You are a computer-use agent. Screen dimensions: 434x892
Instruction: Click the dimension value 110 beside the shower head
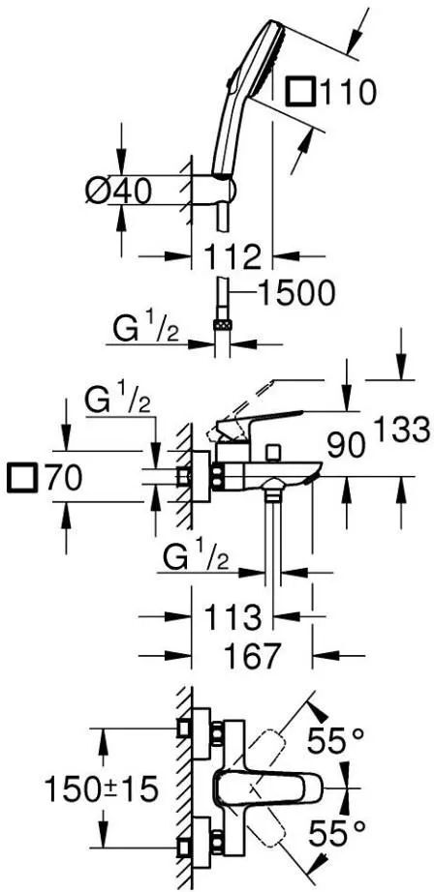pyautogui.click(x=349, y=92)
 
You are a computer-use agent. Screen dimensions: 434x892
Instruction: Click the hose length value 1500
pyautogui.click(x=295, y=294)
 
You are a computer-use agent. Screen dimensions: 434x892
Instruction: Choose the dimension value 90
pyautogui.click(x=346, y=445)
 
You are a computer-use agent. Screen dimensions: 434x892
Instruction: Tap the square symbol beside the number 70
pyautogui.click(x=22, y=477)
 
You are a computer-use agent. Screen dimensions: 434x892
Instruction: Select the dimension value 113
pyautogui.click(x=233, y=616)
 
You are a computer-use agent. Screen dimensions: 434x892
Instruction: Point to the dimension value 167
pyautogui.click(x=252, y=655)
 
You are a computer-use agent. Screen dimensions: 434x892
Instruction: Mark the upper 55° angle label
pyautogui.click(x=335, y=740)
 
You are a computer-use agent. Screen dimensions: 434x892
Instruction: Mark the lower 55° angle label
pyautogui.click(x=335, y=835)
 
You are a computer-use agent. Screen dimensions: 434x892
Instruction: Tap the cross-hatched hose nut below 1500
pyautogui.click(x=222, y=325)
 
